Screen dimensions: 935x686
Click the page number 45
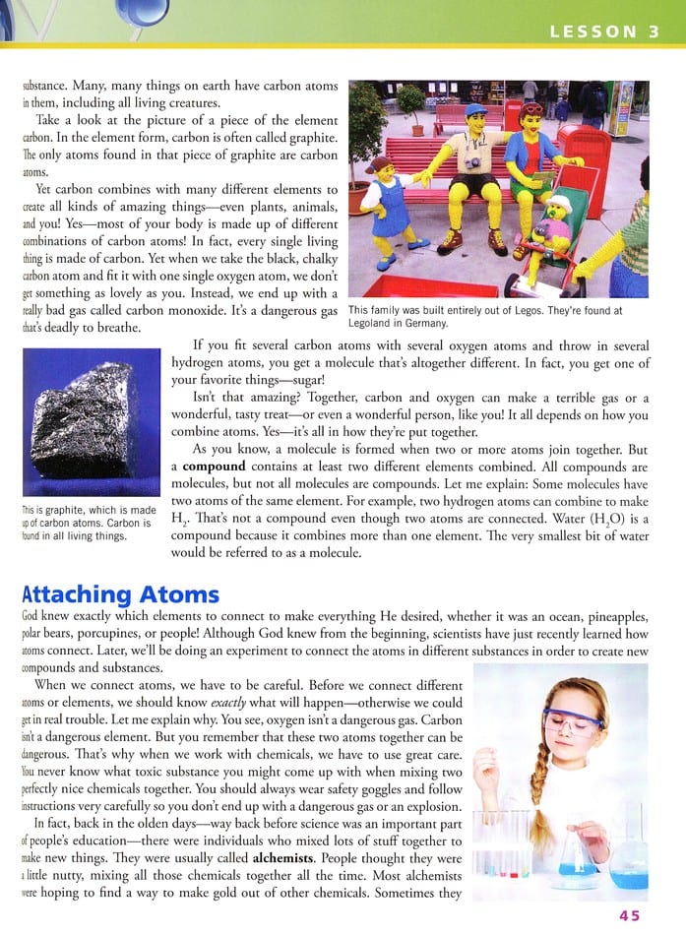pyautogui.click(x=629, y=915)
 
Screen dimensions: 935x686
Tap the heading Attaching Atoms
pyautogui.click(x=120, y=594)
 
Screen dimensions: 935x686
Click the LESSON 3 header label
pyautogui.click(x=604, y=31)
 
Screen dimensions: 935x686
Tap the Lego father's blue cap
pyautogui.click(x=476, y=109)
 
